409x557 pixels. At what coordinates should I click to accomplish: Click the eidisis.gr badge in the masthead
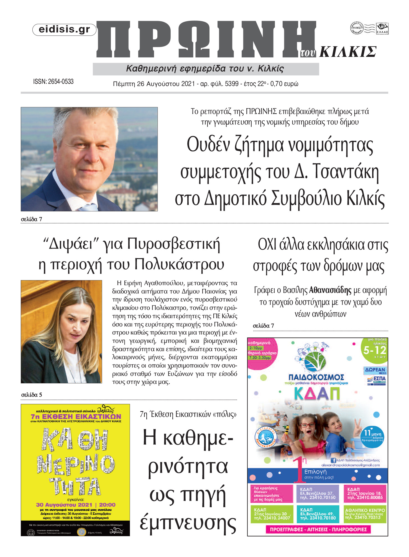pos(64,30)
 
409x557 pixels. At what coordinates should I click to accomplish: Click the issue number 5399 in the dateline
pos(232,84)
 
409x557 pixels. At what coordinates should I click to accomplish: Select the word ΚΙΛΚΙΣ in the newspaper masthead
pos(348,52)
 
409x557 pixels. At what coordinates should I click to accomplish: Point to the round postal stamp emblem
pos(357,28)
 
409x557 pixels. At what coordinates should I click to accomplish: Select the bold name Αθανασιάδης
pos(330,290)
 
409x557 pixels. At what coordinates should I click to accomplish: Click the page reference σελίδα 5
pos(32,395)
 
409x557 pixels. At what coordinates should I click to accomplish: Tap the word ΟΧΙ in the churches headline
pos(267,245)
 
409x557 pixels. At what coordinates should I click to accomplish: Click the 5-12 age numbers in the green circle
pos(375,350)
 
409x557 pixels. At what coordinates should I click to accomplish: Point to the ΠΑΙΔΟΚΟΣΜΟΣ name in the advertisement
pos(316,377)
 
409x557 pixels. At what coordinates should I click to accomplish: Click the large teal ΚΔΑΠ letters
pos(316,393)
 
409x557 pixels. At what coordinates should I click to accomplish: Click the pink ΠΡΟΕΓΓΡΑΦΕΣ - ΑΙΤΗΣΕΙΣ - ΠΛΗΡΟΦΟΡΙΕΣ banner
pos(318,529)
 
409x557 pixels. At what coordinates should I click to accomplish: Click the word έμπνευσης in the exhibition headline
pos(188,523)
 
